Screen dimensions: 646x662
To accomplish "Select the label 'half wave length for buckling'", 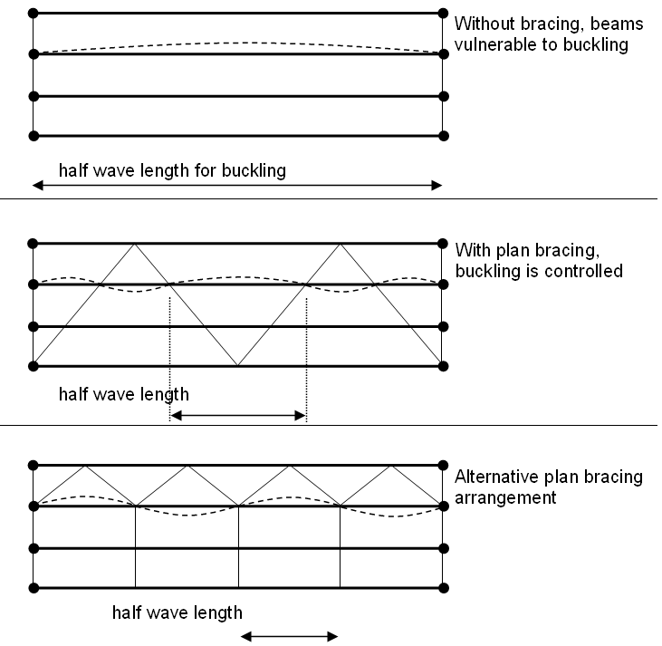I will pyautogui.click(x=172, y=169).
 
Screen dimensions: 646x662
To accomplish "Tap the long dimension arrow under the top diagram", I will pyautogui.click(x=237, y=186).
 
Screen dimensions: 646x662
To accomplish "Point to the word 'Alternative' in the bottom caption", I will pyautogui.click(x=492, y=477).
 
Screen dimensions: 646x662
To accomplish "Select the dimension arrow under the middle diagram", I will pyautogui.click(x=239, y=416).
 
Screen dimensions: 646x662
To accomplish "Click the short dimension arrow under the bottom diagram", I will pyautogui.click(x=289, y=636).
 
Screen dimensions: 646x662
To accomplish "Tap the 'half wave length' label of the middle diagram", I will pyautogui.click(x=124, y=394).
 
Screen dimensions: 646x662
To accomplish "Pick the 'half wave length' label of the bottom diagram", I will pyautogui.click(x=177, y=612).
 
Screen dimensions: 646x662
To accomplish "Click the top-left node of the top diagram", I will pyautogui.click(x=34, y=14).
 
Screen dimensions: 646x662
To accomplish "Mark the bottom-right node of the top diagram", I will pyautogui.click(x=443, y=136).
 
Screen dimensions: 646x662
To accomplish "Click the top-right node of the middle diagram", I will pyautogui.click(x=443, y=243).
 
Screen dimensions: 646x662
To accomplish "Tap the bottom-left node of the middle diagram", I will pyautogui.click(x=34, y=366).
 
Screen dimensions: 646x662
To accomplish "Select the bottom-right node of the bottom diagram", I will pyautogui.click(x=443, y=589).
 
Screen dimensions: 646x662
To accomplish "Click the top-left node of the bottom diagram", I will pyautogui.click(x=34, y=465).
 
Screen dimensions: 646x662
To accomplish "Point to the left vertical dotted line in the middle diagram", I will pyautogui.click(x=169, y=353).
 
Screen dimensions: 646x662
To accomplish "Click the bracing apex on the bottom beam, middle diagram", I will pyautogui.click(x=237, y=366).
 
